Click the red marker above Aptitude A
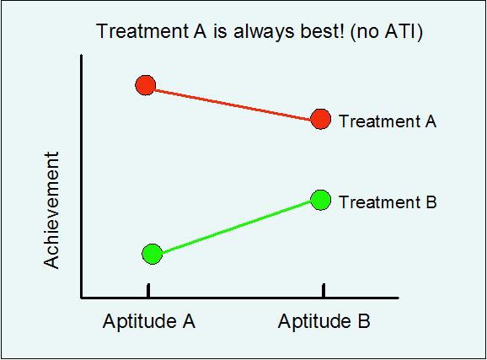pos(146,85)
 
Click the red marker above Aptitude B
pos(320,119)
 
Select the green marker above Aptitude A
pos(152,254)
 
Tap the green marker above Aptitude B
pos(320,200)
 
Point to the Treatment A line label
pos(388,121)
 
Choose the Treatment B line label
pos(388,202)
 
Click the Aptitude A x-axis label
pos(149,321)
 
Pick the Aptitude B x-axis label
pos(324,321)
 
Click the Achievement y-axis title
pos(53,210)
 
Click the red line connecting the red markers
pos(233,102)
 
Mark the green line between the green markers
pos(236,227)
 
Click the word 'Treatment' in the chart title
pos(136,32)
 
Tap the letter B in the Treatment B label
pos(431,202)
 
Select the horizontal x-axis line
pos(236,298)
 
